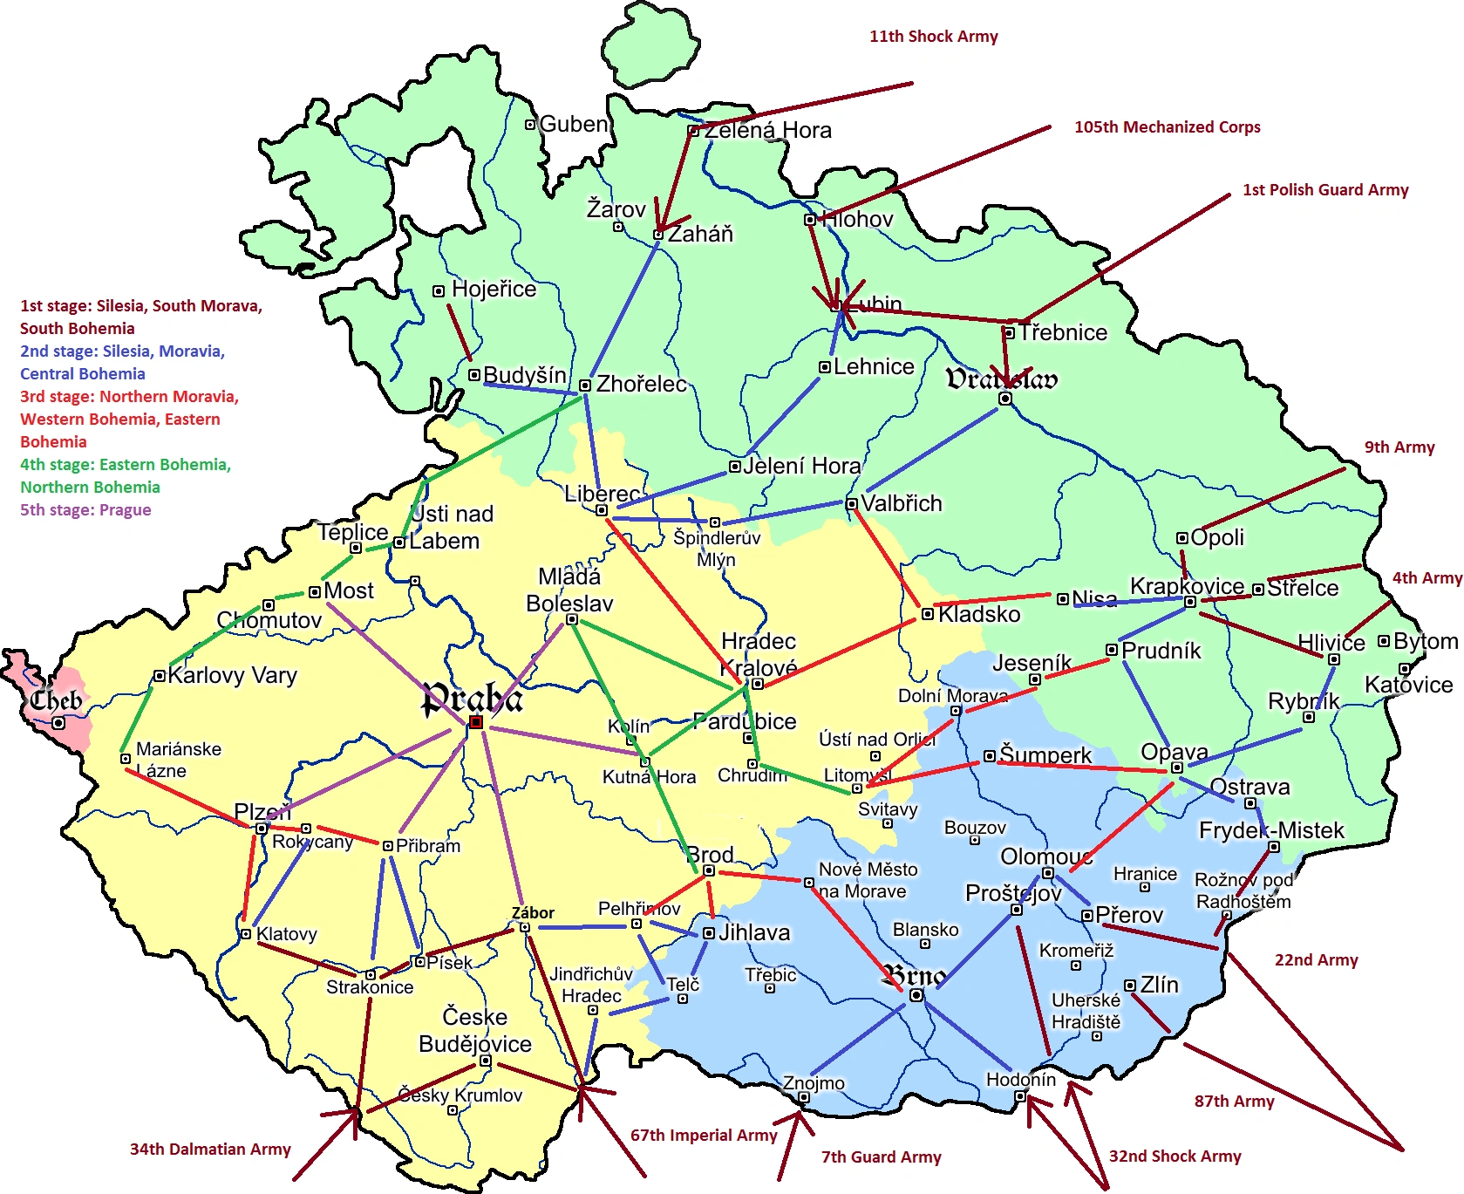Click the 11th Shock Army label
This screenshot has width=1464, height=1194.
933,37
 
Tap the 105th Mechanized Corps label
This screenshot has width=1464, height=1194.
1167,127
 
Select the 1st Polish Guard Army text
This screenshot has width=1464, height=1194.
1324,190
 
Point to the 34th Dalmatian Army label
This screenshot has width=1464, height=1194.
210,1150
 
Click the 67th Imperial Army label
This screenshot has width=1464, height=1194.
703,1136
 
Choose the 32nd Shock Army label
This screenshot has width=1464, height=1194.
1175,1156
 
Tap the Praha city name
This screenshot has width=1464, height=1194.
472,697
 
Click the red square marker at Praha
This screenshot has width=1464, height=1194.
476,722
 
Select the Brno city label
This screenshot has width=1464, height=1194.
912,975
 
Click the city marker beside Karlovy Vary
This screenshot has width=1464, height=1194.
159,676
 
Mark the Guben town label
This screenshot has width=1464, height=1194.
573,125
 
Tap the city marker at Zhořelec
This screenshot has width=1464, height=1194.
585,385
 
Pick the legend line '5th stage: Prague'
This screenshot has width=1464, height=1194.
85,510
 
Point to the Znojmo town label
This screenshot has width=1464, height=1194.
814,1083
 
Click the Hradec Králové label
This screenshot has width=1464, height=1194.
759,655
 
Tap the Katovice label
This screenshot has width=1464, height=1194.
1408,685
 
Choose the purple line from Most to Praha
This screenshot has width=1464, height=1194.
397,660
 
